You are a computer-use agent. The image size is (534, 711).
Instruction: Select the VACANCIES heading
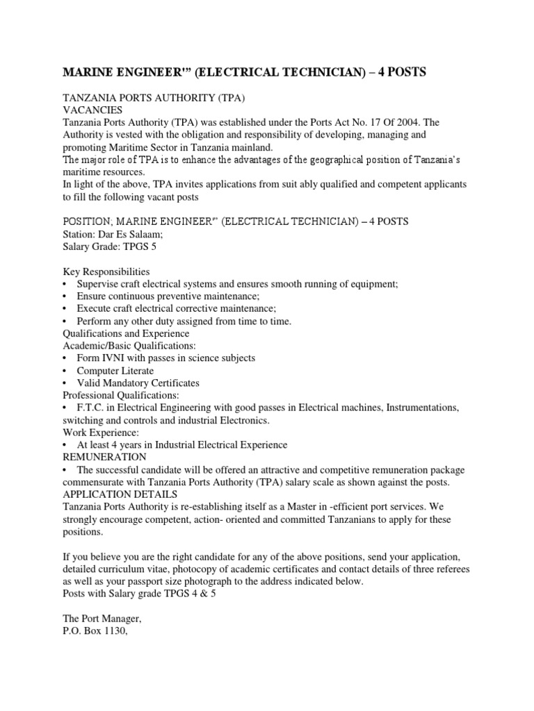click(x=92, y=110)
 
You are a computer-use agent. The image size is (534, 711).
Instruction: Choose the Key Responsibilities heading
click(x=106, y=271)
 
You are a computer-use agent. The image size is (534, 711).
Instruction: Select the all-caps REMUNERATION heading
click(x=104, y=457)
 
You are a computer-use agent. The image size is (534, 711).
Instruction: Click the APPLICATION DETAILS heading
click(x=120, y=494)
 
